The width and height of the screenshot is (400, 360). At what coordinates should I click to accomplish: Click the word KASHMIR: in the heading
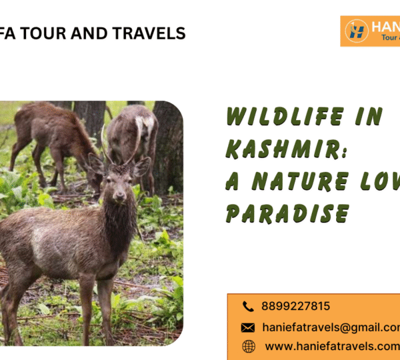click(287, 149)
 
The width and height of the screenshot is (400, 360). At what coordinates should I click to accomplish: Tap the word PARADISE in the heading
click(287, 213)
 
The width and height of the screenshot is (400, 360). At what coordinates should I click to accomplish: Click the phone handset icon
click(248, 307)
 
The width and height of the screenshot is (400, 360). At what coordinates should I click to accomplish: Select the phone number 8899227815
click(296, 307)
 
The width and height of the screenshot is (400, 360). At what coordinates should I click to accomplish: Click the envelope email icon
click(248, 327)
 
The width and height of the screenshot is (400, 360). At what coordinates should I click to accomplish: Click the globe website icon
click(248, 346)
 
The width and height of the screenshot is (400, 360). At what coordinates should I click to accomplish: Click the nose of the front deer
click(119, 197)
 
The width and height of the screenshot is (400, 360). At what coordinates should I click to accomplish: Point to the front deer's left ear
click(141, 166)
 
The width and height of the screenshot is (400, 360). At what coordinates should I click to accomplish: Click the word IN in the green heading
click(371, 117)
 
